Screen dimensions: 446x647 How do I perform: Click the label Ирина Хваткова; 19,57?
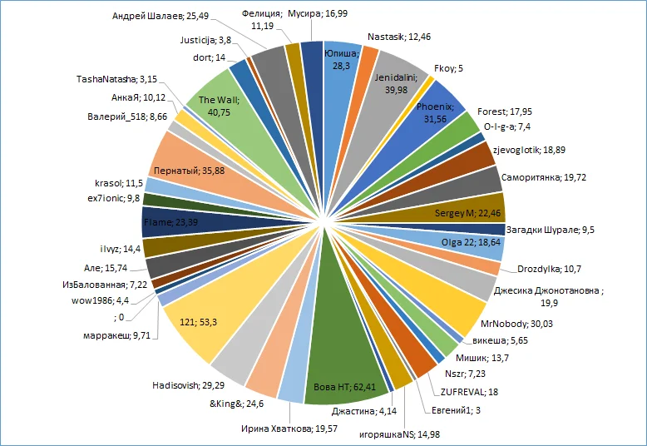[290, 429]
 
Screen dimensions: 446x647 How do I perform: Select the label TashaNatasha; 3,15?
[118, 80]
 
